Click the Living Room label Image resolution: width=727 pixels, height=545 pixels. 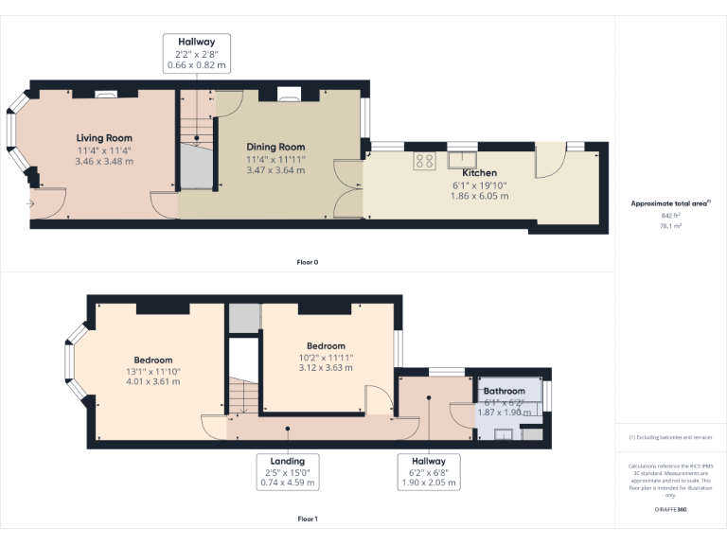pos(104,138)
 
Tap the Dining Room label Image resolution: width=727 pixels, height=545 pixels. pos(275,147)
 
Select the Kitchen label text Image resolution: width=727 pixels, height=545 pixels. pos(479,173)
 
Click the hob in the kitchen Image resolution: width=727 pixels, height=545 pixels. pos(423,161)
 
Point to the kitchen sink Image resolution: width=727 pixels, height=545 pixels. pos(462,160)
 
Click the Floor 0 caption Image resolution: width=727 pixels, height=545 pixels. pos(308,261)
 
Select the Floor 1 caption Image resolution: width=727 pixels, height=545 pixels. pos(308,519)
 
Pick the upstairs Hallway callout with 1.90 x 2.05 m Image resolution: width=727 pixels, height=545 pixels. pos(429,471)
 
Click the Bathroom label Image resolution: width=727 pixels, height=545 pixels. pos(504,391)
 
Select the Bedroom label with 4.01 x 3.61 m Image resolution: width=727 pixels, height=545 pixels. pos(152,360)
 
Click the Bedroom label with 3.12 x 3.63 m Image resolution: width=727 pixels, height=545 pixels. pos(326,346)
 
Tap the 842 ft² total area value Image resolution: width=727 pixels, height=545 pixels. pos(670,216)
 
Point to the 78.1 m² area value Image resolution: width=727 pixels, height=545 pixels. pos(670,225)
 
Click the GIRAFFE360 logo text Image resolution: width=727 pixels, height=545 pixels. pos(670,509)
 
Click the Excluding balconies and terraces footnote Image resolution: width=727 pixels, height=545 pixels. pos(670,437)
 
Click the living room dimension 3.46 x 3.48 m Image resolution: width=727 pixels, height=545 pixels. pos(104,161)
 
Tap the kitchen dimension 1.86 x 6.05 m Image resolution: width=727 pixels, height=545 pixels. pos(479,196)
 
